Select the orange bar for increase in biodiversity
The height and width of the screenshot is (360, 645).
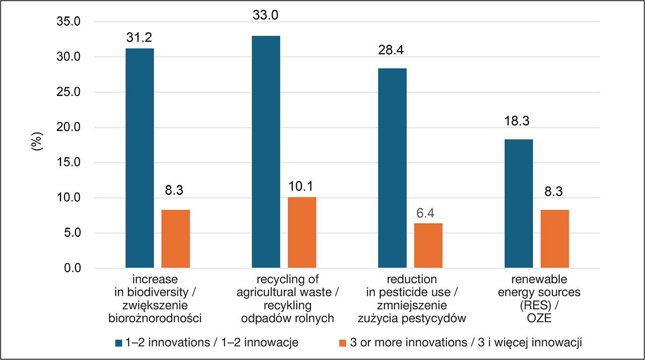tap(175, 239)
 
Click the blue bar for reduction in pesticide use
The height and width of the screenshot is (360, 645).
tap(392, 168)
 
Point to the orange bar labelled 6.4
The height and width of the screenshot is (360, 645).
tap(428, 246)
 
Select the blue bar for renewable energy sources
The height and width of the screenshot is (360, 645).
tap(519, 204)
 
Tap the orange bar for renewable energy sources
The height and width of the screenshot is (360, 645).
tap(554, 239)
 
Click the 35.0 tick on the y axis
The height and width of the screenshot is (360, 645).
tap(71, 22)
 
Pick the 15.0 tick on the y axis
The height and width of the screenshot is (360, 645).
tap(71, 163)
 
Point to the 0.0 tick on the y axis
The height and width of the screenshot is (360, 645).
tap(74, 268)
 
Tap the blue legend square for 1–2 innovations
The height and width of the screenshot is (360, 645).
tap(119, 343)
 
